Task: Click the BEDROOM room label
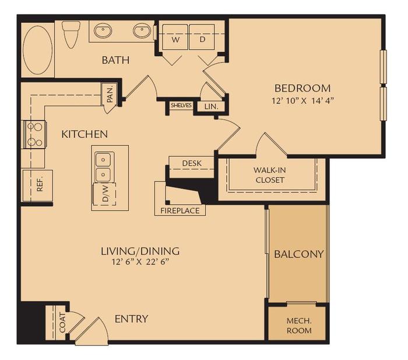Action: pos(303,88)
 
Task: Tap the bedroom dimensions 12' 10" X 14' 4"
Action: pos(303,100)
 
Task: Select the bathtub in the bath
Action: pos(37,49)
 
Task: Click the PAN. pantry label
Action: pos(110,94)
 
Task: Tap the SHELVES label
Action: pos(181,106)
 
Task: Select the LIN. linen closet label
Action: pos(210,106)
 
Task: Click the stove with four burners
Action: pos(33,134)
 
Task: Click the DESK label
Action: pos(191,163)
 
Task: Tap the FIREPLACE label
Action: pos(180,210)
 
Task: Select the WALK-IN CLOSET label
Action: pos(269,174)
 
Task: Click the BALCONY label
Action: pos(298,254)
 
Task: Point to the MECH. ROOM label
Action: pos(298,326)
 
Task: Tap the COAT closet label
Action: pos(62,323)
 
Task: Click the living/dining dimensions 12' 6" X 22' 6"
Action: pos(140,263)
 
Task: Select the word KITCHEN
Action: pos(85,134)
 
